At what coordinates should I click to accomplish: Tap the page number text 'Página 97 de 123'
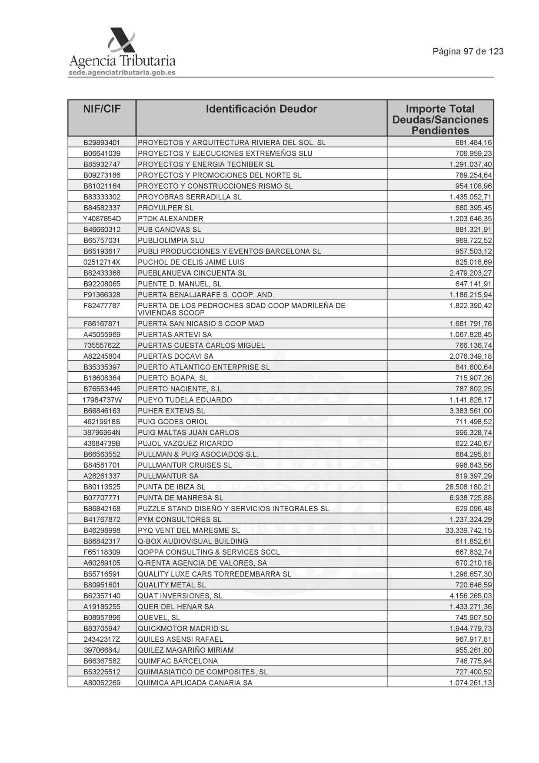pos(468,52)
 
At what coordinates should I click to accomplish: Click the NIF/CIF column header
pos(102,109)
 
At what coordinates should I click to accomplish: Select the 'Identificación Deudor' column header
pos(261,109)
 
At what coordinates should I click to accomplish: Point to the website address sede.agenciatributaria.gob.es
pos(122,73)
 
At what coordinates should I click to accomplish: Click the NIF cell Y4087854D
pos(102,219)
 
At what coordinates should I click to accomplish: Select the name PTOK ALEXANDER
pos(170,219)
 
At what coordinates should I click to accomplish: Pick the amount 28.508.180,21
pos(469,487)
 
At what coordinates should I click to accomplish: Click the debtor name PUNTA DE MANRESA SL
pos(180,498)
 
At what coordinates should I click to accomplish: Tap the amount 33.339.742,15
pos(469,530)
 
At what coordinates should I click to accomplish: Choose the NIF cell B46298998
pos(102,530)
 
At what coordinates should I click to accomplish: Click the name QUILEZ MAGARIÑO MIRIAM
pos(186,650)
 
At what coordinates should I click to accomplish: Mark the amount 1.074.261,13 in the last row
pos(471,683)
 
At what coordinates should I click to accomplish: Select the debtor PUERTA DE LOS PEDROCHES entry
pos(241,309)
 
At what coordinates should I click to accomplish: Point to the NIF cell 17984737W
pos(102,400)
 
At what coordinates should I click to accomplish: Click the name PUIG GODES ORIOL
pos(173,422)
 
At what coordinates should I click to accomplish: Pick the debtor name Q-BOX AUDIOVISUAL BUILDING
pos(193,541)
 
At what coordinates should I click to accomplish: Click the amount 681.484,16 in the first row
pos(473,143)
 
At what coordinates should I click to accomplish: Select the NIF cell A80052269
pos(102,683)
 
